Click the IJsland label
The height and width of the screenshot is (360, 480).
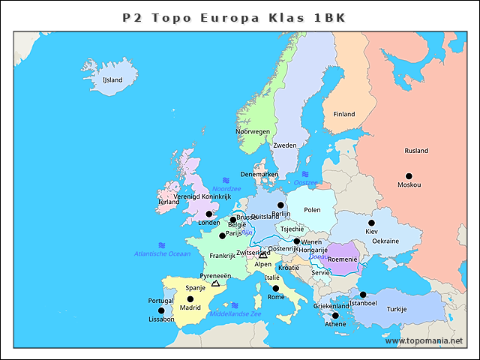(x=112, y=79)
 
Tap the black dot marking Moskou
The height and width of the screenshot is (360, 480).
(x=409, y=176)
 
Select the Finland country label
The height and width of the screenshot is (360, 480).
(x=344, y=114)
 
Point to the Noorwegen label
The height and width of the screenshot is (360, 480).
(x=253, y=131)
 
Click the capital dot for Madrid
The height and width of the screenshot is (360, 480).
(x=190, y=299)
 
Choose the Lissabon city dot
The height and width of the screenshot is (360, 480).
(x=160, y=310)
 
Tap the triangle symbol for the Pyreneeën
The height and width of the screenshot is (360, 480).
(x=216, y=283)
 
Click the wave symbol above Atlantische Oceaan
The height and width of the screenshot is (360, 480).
(x=162, y=245)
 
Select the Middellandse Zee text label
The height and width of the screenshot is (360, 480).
(x=236, y=313)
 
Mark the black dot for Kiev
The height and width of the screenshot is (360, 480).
(x=371, y=223)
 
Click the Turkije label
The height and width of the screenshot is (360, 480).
(x=396, y=309)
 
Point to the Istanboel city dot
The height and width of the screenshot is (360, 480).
(x=363, y=295)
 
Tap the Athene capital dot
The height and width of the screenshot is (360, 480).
(x=335, y=316)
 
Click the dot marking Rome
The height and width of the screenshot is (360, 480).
(x=275, y=288)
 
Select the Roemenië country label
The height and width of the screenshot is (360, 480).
(x=343, y=259)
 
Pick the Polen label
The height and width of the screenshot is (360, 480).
(x=312, y=210)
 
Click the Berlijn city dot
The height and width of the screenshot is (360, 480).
(x=280, y=205)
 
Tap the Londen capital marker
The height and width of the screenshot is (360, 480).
(x=209, y=214)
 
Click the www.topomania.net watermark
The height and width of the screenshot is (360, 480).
(x=424, y=340)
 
